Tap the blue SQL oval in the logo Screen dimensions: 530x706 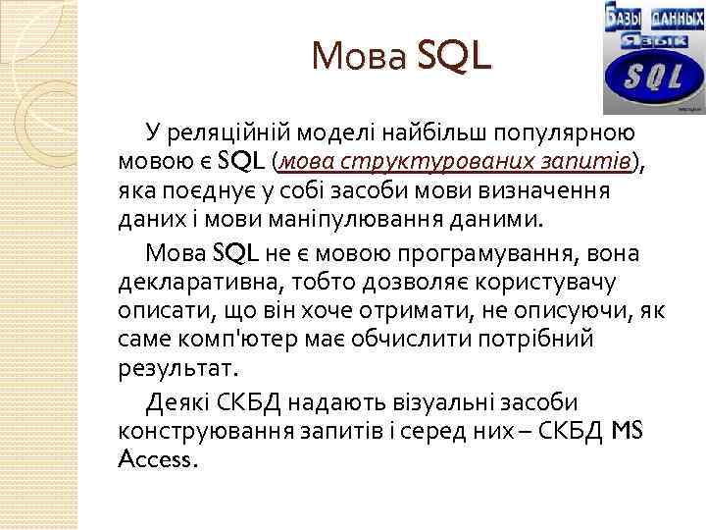[645, 78]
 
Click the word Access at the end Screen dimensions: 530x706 [157, 460]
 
